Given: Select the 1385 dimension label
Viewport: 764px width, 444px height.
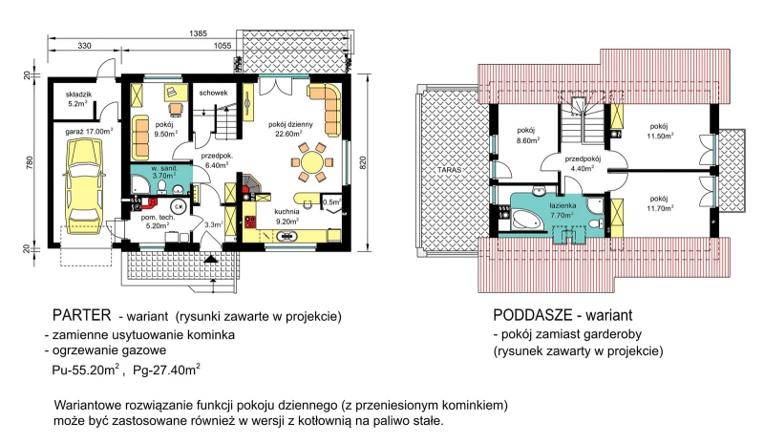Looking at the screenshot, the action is (199, 33).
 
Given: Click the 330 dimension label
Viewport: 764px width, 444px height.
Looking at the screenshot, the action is (84, 46).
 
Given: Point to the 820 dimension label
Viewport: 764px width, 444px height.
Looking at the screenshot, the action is (363, 162).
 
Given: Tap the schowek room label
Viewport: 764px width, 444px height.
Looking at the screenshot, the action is (213, 93).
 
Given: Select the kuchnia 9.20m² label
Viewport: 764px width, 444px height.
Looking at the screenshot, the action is (287, 216).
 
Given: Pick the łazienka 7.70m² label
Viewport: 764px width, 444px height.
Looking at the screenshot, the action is (562, 210).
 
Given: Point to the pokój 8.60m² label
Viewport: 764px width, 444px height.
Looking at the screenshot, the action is (527, 135).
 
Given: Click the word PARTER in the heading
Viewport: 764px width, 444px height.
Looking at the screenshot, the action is (82, 315).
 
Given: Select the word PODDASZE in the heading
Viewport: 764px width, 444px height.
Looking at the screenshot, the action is (532, 315).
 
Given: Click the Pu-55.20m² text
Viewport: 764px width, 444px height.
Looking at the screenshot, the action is (86, 370).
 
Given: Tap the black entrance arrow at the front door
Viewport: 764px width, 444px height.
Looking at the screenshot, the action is (210, 259).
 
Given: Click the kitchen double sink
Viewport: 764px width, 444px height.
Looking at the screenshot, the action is (287, 237).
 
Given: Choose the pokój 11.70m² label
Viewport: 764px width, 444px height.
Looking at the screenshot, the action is (661, 203).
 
